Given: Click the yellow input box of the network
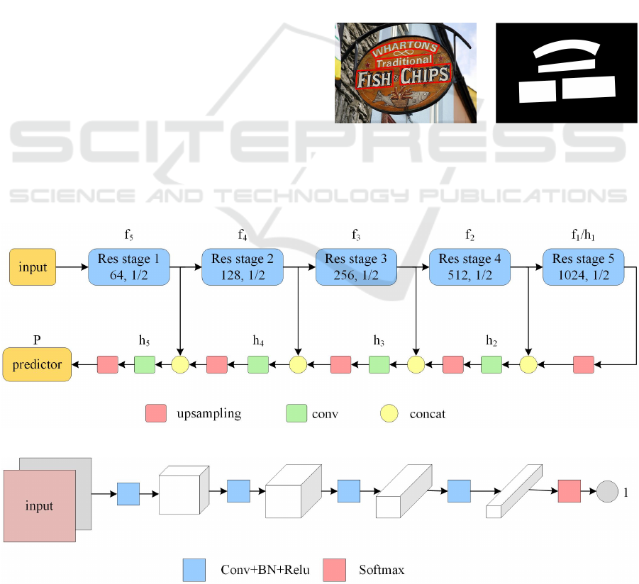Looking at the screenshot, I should pyautogui.click(x=33, y=267).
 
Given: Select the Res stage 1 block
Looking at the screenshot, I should pyautogui.click(x=129, y=267).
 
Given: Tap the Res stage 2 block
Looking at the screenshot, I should pyautogui.click(x=243, y=267).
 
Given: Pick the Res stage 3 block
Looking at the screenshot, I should pyautogui.click(x=356, y=267).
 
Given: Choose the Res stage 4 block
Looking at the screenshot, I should pyautogui.click(x=469, y=267).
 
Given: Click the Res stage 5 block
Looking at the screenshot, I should pyautogui.click(x=583, y=267).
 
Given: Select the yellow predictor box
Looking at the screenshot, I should pyautogui.click(x=36, y=365).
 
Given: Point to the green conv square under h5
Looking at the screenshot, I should pyautogui.click(x=145, y=365).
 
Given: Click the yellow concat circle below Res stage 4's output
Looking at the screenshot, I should pyautogui.click(x=528, y=365).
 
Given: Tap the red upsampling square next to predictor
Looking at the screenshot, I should pyautogui.click(x=107, y=365).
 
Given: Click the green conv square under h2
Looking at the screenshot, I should pyautogui.click(x=491, y=365).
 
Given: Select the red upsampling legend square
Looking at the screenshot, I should pyautogui.click(x=155, y=413).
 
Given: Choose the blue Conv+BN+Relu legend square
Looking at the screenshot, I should pyautogui.click(x=194, y=569).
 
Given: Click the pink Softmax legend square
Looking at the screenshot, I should pyautogui.click(x=334, y=569).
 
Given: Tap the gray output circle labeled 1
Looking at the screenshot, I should pyautogui.click(x=607, y=490).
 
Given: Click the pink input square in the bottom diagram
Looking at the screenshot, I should pyautogui.click(x=40, y=505).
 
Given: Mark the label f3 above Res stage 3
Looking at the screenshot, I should pyautogui.click(x=356, y=233).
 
